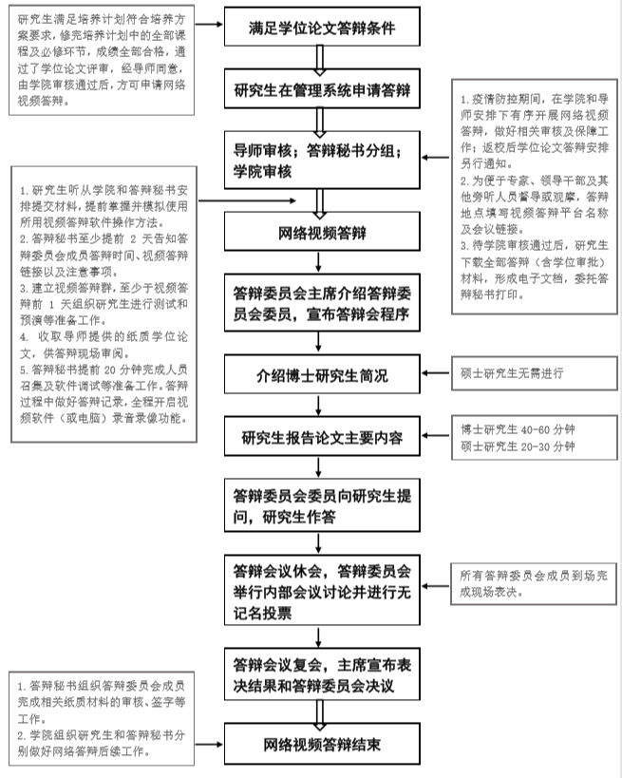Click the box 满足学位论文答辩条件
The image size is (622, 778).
coord(321,29)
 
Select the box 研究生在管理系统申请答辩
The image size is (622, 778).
coord(321,91)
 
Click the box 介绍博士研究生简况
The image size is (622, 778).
coord(321,374)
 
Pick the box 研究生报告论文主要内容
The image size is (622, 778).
coord(321,438)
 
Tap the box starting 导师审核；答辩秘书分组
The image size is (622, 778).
coord(321,160)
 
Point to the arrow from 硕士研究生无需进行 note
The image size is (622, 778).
coord(436,372)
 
